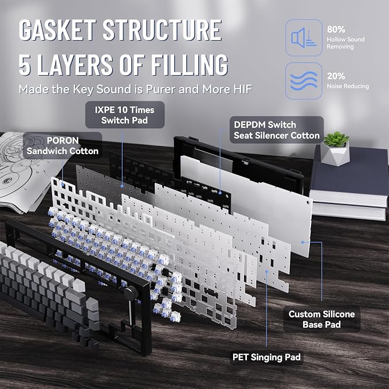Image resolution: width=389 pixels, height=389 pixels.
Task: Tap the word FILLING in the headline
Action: (189, 65)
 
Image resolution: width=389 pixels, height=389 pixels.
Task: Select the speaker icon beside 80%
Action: (304, 38)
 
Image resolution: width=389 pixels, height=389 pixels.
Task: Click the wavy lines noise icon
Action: (304, 81)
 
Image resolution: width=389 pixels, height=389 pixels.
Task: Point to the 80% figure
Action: (336, 30)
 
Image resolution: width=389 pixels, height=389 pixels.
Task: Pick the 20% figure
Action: (336, 76)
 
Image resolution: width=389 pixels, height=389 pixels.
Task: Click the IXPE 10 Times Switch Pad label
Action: (124, 115)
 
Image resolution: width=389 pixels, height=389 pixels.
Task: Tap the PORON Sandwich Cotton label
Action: (62, 146)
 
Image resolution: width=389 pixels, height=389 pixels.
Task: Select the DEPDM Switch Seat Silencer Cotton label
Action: (277, 130)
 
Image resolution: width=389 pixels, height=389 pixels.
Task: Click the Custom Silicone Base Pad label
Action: (321, 319)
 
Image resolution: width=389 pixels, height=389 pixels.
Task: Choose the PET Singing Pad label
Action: (266, 357)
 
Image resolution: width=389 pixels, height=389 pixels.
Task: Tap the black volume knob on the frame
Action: (130, 292)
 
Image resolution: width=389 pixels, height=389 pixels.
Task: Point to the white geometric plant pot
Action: (335, 154)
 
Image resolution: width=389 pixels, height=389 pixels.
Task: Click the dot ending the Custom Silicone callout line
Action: (302, 242)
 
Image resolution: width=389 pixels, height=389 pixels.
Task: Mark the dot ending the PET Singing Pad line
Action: (267, 272)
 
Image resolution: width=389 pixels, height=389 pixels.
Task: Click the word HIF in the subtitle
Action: (243, 89)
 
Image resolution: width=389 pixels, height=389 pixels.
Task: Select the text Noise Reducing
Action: (348, 87)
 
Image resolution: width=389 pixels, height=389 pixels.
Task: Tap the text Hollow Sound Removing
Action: (345, 43)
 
